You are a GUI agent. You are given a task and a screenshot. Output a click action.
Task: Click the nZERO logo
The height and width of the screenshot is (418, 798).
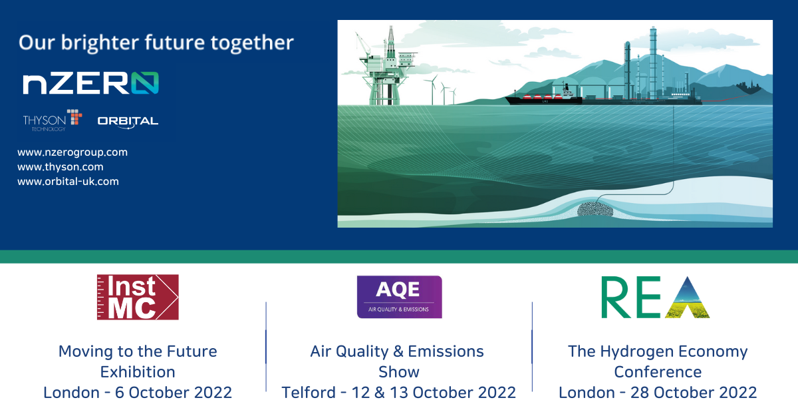click(x=90, y=83)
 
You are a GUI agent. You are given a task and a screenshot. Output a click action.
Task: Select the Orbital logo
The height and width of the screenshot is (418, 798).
click(x=128, y=121)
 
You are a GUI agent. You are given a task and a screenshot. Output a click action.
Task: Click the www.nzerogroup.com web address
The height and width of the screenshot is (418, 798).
click(x=72, y=152)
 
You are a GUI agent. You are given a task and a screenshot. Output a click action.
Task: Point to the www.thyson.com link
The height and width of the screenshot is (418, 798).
click(x=61, y=167)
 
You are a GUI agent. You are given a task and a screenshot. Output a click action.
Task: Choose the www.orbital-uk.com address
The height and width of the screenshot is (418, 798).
click(x=68, y=181)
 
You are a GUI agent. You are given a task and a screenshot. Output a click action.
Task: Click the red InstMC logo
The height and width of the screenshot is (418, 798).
click(x=137, y=297)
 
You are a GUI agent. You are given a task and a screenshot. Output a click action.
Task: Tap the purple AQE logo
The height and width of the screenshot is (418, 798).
click(x=399, y=297)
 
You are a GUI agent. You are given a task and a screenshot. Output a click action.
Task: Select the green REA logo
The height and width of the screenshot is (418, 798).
click(x=655, y=297)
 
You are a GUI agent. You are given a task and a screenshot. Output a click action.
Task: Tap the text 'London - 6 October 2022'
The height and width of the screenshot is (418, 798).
click(x=138, y=393)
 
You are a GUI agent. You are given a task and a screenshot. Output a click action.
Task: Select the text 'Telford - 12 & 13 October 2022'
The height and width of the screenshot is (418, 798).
click(x=399, y=393)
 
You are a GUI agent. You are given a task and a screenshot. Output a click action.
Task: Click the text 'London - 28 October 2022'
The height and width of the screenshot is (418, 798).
click(x=658, y=393)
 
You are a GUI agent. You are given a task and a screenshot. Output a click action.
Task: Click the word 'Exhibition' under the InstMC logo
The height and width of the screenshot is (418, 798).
click(x=138, y=371)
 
